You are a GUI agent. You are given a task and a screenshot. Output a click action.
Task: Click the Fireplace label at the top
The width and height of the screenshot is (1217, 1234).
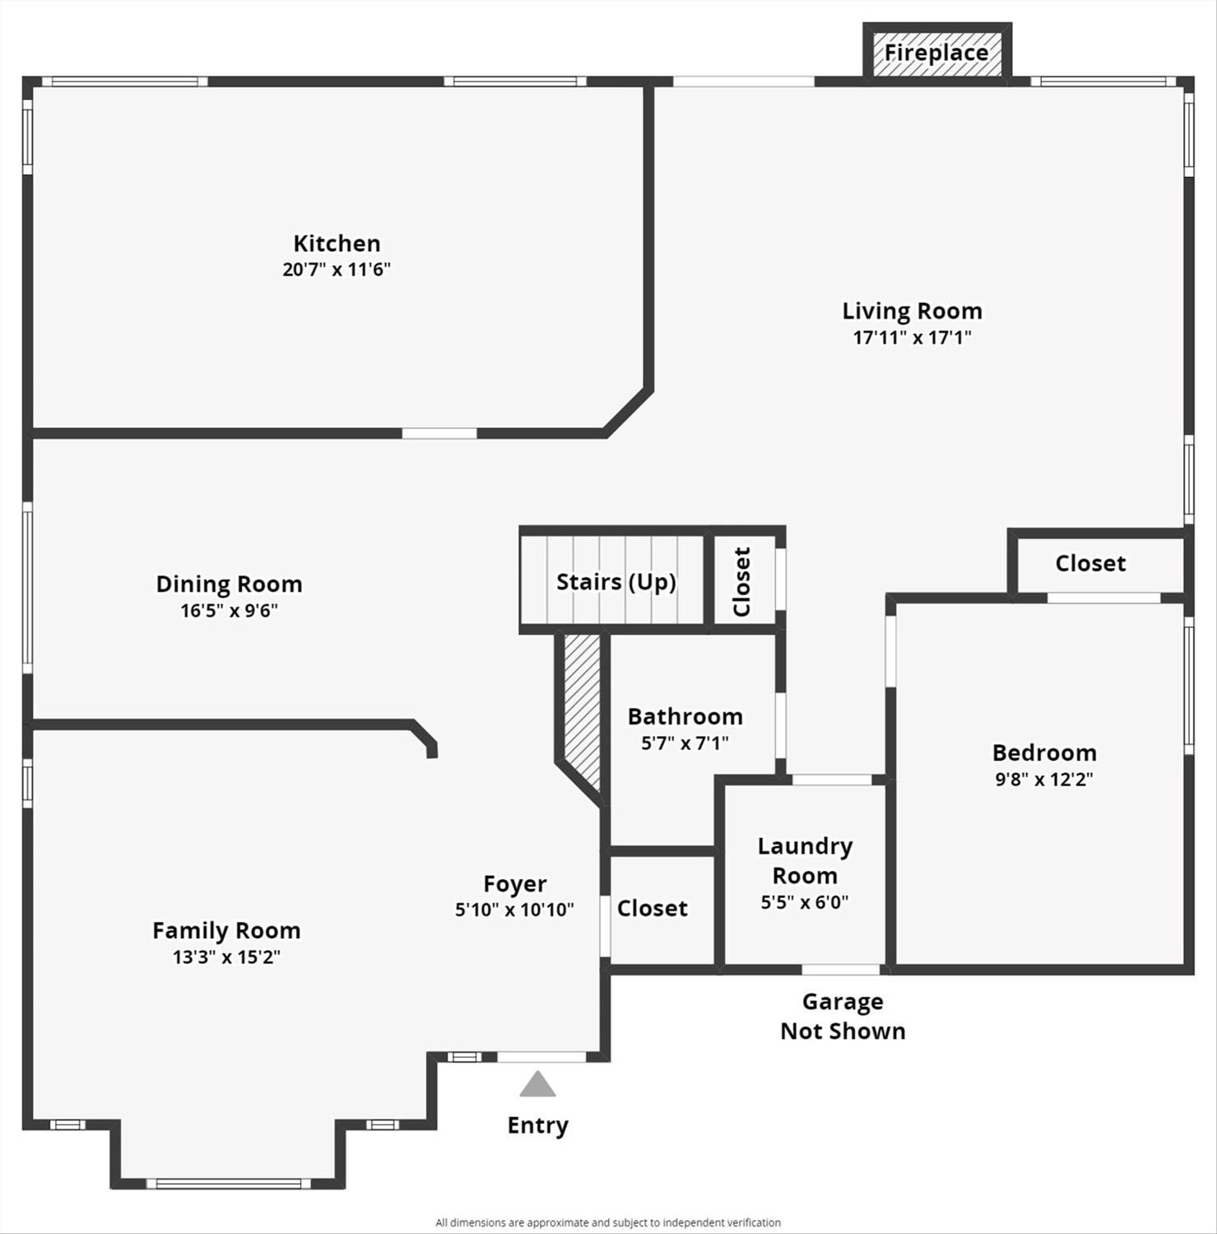click(936, 53)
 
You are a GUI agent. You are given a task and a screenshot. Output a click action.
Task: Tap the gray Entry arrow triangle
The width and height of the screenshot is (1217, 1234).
click(537, 1085)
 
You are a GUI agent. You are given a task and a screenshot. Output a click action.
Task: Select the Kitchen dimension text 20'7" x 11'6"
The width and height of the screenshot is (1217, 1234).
click(337, 269)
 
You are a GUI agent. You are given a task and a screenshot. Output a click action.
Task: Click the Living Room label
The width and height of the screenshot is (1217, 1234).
click(912, 310)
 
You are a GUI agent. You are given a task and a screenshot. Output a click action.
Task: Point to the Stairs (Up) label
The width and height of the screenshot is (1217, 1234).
click(615, 582)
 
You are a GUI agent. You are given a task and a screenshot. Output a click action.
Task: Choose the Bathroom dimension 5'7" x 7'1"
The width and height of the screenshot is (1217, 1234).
click(685, 743)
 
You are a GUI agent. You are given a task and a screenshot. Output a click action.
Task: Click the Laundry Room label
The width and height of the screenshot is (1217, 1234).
click(805, 860)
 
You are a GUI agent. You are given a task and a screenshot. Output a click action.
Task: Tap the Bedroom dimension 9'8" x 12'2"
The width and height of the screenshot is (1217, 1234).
click(1044, 779)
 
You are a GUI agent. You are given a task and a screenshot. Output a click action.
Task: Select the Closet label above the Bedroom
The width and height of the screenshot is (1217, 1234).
click(1090, 563)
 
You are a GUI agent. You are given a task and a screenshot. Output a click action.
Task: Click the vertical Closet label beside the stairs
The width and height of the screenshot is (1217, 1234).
click(741, 581)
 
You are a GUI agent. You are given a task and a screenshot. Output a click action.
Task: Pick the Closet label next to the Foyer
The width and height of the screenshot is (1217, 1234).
click(652, 908)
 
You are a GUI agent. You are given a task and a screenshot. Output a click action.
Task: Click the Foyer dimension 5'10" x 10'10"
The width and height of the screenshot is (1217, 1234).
click(514, 910)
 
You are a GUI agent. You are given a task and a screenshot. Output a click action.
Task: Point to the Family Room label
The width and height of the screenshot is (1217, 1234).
click(226, 930)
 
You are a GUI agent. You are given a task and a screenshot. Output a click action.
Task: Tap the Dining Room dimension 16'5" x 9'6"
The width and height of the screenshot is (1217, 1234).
click(229, 610)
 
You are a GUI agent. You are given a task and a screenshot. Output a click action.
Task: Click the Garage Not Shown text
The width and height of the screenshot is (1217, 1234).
click(843, 1016)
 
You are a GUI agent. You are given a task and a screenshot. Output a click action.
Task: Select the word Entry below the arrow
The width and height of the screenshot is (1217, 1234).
click(537, 1125)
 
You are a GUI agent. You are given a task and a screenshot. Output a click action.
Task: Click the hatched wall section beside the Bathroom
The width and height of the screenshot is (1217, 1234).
click(582, 708)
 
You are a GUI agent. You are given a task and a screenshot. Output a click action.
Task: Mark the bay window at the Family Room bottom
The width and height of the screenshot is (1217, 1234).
click(228, 1184)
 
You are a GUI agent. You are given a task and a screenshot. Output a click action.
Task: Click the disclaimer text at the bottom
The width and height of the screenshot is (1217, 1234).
click(608, 1222)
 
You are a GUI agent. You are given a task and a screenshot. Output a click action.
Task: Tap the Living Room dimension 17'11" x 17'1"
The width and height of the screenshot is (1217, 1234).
click(912, 337)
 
